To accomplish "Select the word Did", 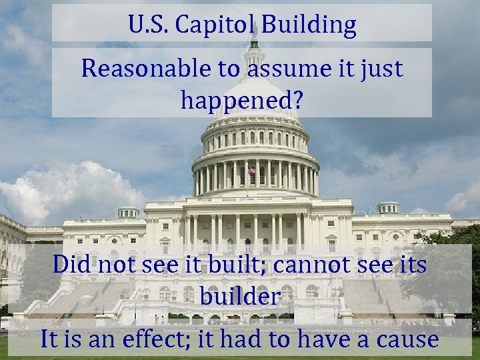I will [73, 265].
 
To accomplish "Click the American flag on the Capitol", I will [252, 171].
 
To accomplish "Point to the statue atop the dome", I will [254, 30].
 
